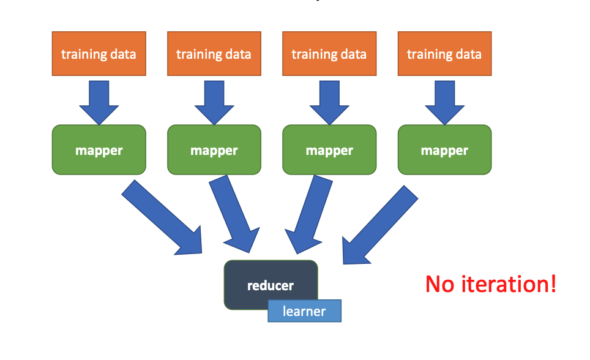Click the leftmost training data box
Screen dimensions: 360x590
[x=99, y=54]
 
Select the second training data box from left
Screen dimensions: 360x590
[x=214, y=54]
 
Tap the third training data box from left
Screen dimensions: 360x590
[x=329, y=54]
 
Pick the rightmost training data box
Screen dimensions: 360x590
[x=444, y=54]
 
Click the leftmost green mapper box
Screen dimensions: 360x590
[x=99, y=150]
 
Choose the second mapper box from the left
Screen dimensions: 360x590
[x=214, y=150]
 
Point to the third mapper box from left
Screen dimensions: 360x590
[x=329, y=150]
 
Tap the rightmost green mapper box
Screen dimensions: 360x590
[x=444, y=150]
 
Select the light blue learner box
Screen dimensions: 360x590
[x=304, y=311]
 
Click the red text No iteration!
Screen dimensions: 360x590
[x=491, y=284]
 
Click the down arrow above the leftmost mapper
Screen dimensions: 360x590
[x=99, y=101]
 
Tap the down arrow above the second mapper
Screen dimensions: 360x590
[x=214, y=101]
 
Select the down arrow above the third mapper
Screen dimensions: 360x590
[x=329, y=101]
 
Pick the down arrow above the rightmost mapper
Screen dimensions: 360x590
[x=444, y=101]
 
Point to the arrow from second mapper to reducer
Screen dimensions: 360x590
[x=233, y=214]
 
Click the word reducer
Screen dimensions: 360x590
[x=270, y=285]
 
